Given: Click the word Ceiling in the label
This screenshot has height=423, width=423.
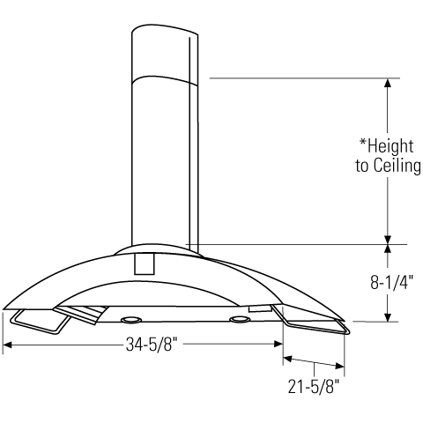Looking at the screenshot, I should click(395, 166).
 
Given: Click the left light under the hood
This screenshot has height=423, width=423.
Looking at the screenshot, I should click(130, 318).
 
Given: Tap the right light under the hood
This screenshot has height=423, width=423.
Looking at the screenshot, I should click(238, 318).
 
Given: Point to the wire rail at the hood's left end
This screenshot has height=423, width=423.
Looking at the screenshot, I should click(35, 323).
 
